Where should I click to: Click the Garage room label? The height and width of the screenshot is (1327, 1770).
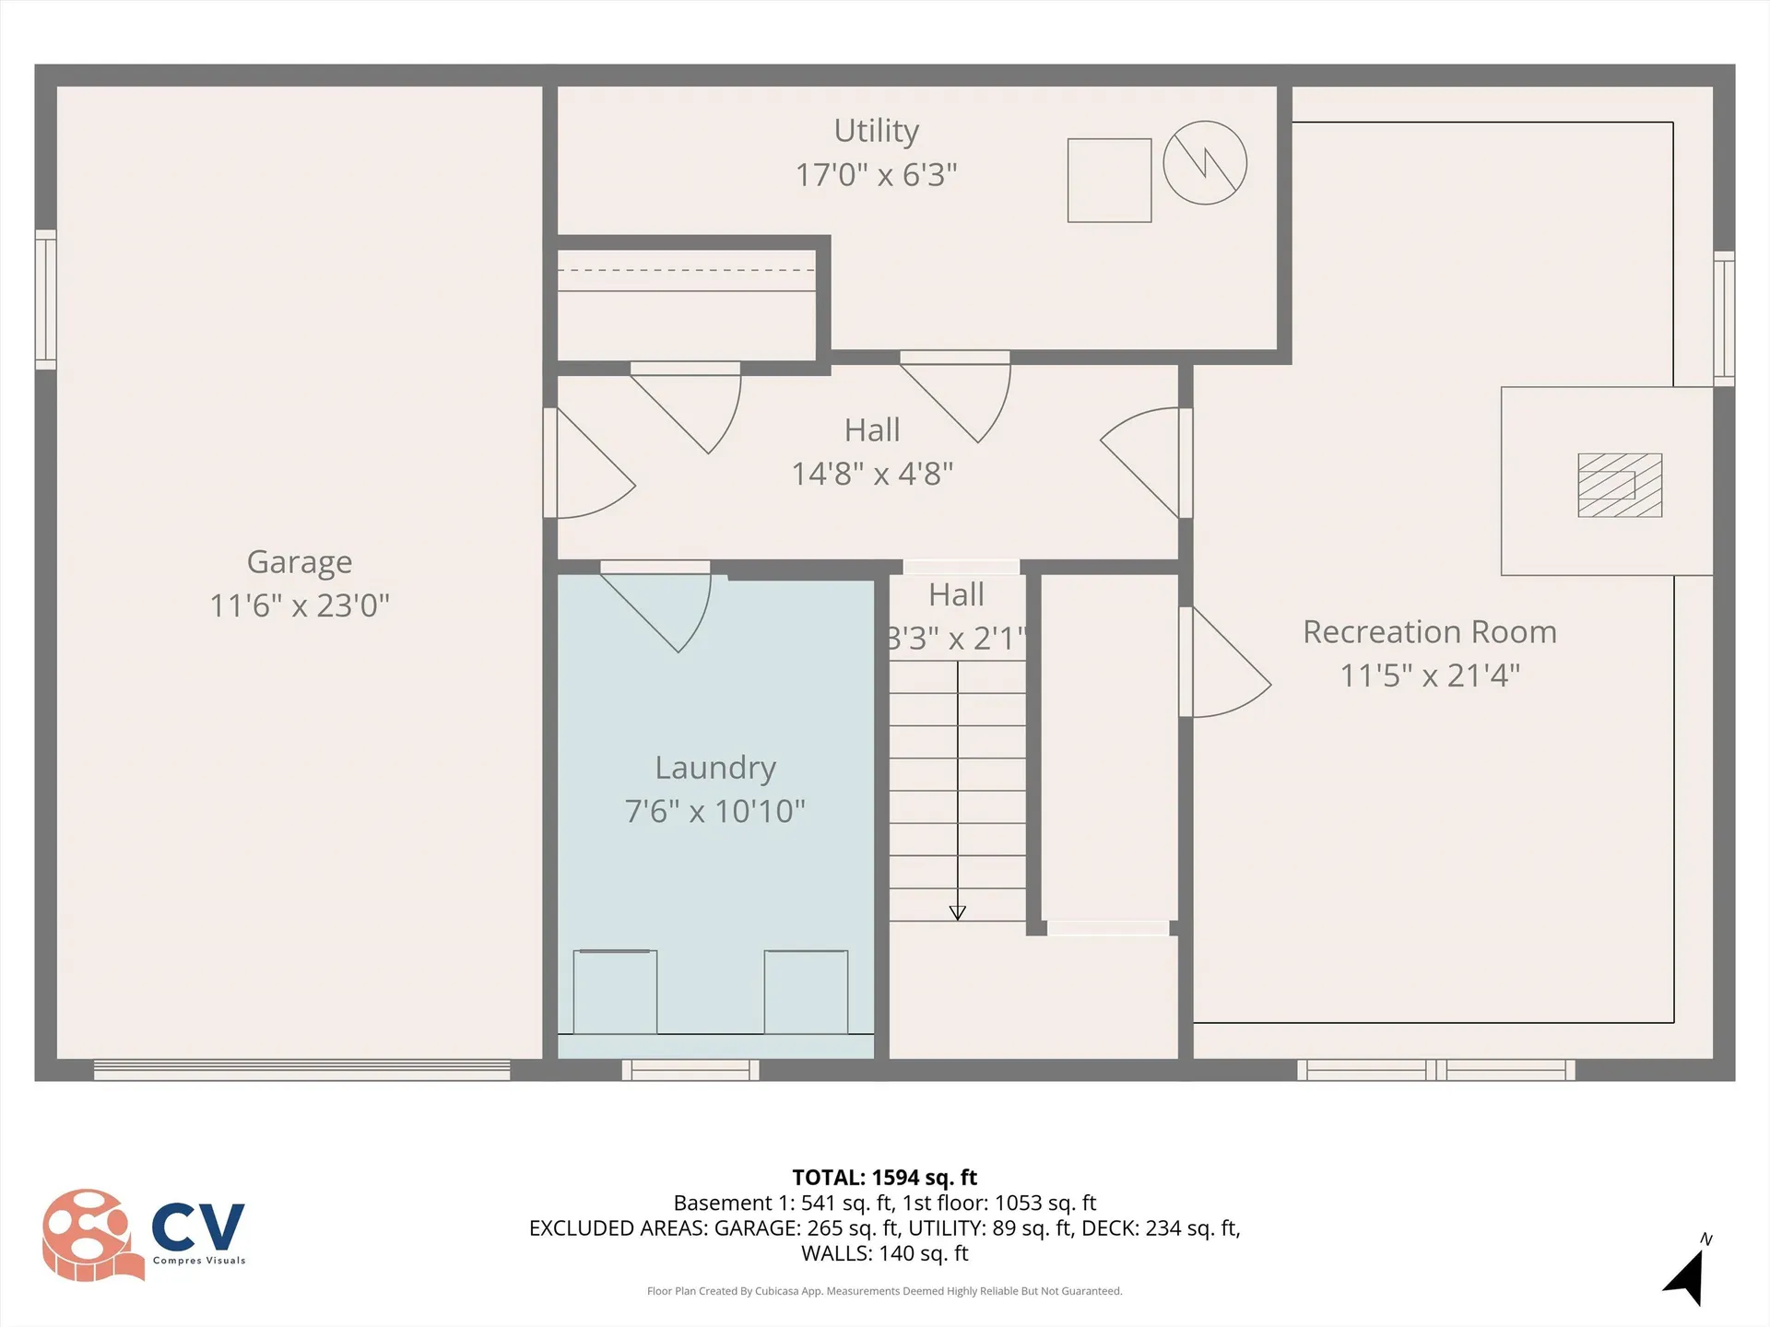coord(300,562)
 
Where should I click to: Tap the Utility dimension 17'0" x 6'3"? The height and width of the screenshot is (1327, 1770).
coord(876,174)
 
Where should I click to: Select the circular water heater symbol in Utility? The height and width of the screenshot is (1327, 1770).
coord(1205,163)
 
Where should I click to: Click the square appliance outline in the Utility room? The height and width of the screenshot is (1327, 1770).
coord(1109,181)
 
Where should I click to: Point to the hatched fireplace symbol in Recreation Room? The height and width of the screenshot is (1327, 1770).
coord(1620,485)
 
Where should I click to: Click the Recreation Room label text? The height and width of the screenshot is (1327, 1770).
coord(1429,632)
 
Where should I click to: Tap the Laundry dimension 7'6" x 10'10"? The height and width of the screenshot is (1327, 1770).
coord(714,811)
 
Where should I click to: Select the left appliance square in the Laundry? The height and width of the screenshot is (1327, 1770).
coord(615,992)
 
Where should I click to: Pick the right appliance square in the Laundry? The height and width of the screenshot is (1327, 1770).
coord(806,992)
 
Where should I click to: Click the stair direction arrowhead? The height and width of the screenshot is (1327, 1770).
coord(957,912)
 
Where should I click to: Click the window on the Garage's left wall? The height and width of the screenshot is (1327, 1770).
coord(45,299)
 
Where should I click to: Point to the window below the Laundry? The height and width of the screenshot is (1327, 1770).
coord(690,1070)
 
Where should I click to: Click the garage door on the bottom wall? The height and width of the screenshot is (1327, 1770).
coord(301,1070)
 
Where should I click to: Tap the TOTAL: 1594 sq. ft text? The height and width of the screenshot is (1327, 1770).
coord(884,1177)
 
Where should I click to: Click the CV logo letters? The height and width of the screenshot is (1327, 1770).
coord(198,1227)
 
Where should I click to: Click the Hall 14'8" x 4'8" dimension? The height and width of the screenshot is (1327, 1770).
coord(872,474)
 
